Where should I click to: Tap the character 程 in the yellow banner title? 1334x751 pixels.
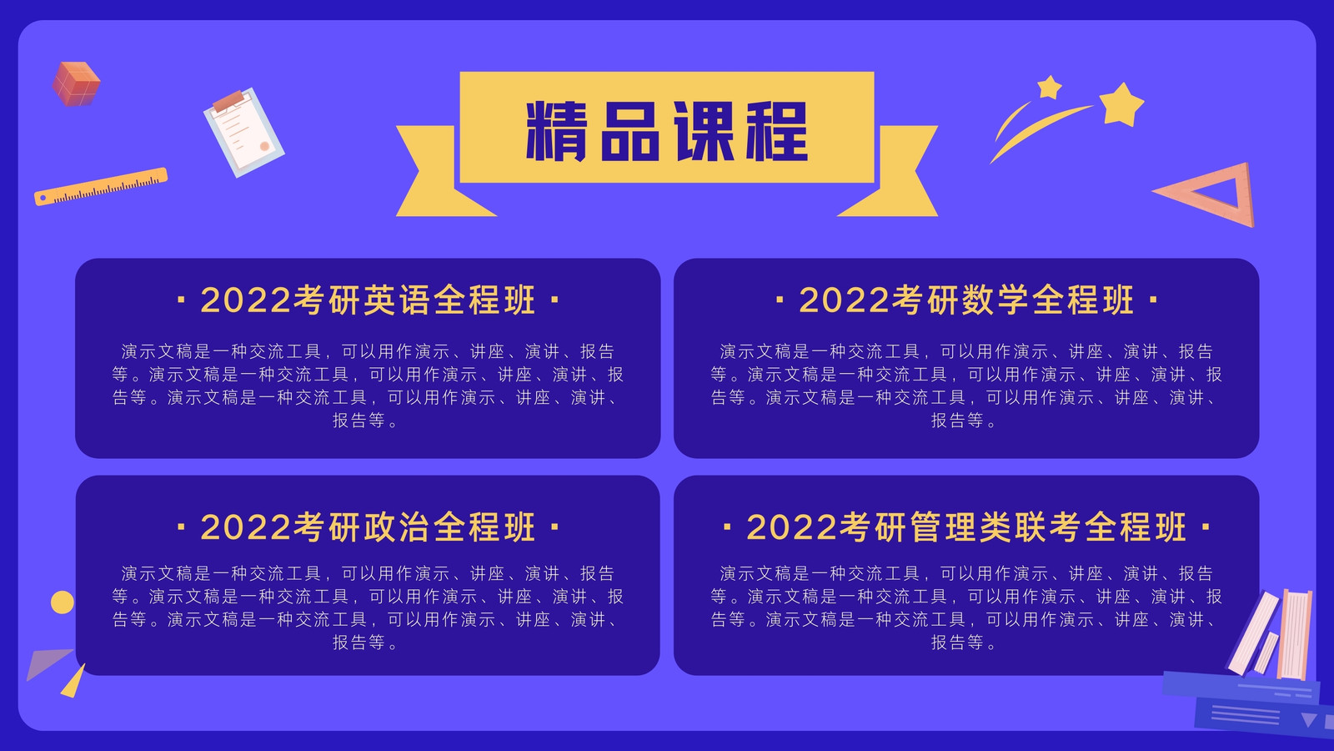pyautogui.click(x=777, y=130)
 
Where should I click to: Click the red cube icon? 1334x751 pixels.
pyautogui.click(x=76, y=83)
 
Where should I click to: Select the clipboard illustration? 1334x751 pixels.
pyautogui.click(x=243, y=133)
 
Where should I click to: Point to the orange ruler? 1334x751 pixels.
pyautogui.click(x=101, y=187)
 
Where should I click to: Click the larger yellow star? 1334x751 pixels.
pyautogui.click(x=1121, y=105)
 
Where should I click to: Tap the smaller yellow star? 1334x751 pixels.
pyautogui.click(x=1050, y=87)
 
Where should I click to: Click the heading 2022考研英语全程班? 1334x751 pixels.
pyautogui.click(x=368, y=300)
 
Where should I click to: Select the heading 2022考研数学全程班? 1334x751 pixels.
pyautogui.click(x=966, y=300)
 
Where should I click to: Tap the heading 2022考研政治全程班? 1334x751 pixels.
pyautogui.click(x=368, y=527)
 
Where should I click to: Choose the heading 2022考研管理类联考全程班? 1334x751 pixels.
pyautogui.click(x=966, y=527)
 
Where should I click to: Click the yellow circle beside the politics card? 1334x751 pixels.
pyautogui.click(x=63, y=602)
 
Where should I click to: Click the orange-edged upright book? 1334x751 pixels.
pyautogui.click(x=1296, y=634)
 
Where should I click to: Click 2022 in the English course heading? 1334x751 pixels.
pyautogui.click(x=245, y=300)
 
